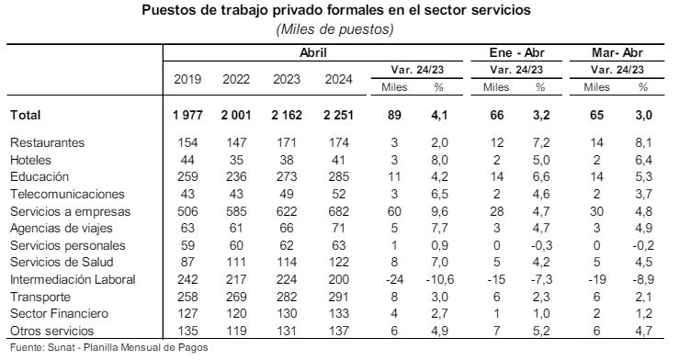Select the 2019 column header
pyautogui.click(x=188, y=78)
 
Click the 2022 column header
pyautogui.click(x=236, y=78)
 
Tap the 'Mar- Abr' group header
pyautogui.click(x=617, y=54)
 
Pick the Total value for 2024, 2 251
pyautogui.click(x=338, y=116)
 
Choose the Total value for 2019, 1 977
pyautogui.click(x=188, y=116)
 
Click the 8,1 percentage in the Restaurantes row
pyautogui.click(x=642, y=143)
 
